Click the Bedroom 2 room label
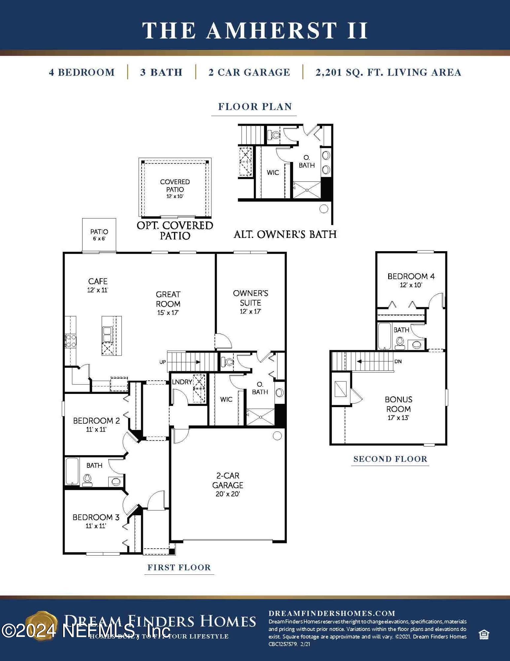pos(96,421)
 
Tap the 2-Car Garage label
pos(227,480)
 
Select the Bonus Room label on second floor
pos(398,404)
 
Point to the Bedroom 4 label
pos(411,276)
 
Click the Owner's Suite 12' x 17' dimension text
pos(251,311)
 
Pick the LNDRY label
pos(182,382)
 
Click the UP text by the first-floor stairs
pos(162,362)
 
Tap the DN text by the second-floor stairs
pos(398,361)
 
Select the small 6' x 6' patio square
pos(99,235)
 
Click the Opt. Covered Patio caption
pos(175,230)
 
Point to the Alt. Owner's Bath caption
pos(285,234)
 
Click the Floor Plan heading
pos(255,107)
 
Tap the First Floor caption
pos(179,567)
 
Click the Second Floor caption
pos(390,459)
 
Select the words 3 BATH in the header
pos(161,72)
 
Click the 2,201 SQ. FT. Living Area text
pos(388,72)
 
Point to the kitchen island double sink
pos(107,334)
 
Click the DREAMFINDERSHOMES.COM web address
pos(332,613)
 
